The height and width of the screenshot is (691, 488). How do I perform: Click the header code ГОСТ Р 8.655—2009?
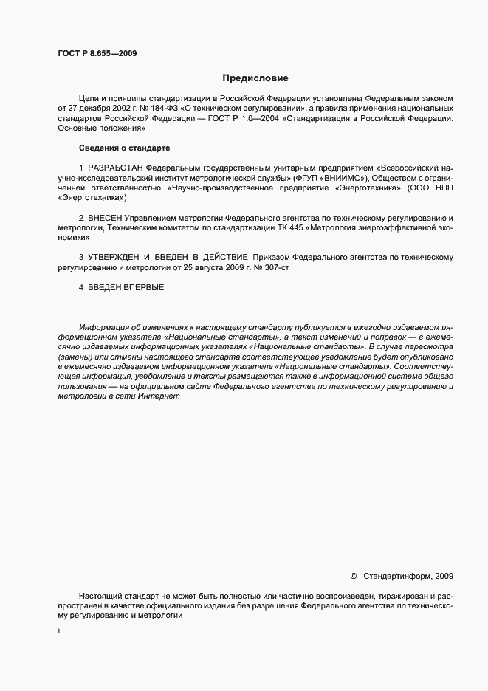tap(97, 53)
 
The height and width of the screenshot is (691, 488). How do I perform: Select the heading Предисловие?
tap(255, 78)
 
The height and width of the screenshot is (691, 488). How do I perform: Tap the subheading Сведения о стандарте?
tap(125, 148)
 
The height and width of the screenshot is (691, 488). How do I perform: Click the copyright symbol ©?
tap(353, 575)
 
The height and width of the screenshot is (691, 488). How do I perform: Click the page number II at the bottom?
tap(60, 632)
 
